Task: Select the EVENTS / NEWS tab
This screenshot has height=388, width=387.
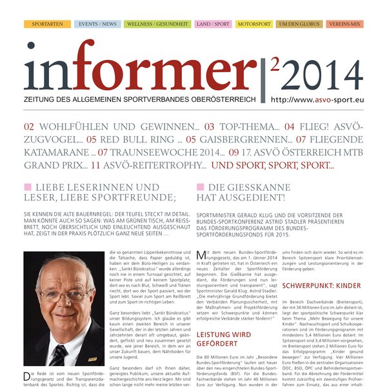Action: click(97, 24)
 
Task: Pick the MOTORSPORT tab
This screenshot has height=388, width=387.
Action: click(254, 24)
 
